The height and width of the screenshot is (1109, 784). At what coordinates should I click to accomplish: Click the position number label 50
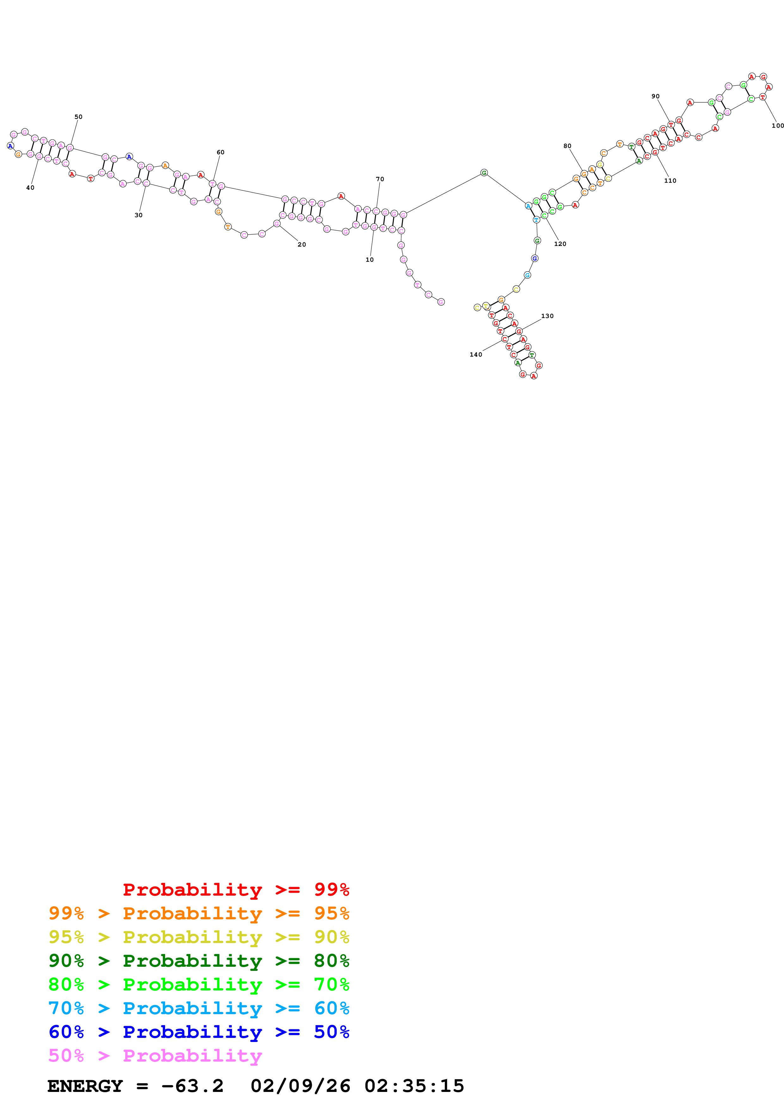(78, 117)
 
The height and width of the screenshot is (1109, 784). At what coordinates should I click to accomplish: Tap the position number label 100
(777, 126)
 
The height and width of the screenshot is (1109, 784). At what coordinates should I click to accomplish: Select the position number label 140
(476, 354)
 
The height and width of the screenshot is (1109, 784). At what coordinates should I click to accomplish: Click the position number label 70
(380, 179)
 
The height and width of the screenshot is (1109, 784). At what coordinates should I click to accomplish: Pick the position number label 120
(560, 244)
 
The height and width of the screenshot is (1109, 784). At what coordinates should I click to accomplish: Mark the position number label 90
(656, 96)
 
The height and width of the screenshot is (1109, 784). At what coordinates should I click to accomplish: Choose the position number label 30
(139, 215)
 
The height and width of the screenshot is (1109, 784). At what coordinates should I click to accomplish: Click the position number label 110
(670, 181)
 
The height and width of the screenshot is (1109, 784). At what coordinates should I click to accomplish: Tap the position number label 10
(369, 260)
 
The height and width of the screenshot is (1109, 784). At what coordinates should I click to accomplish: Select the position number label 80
(567, 146)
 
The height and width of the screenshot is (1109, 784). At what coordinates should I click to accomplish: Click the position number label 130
(547, 316)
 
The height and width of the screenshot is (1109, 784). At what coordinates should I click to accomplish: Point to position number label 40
(30, 188)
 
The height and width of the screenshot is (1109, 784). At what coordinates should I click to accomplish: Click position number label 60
(220, 152)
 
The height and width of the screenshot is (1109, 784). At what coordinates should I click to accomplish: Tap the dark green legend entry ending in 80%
(199, 961)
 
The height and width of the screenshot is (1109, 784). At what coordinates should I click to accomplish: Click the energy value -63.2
(192, 1086)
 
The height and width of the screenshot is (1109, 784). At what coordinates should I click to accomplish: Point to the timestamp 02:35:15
(414, 1086)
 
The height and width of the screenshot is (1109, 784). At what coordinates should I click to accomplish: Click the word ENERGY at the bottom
(85, 1086)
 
